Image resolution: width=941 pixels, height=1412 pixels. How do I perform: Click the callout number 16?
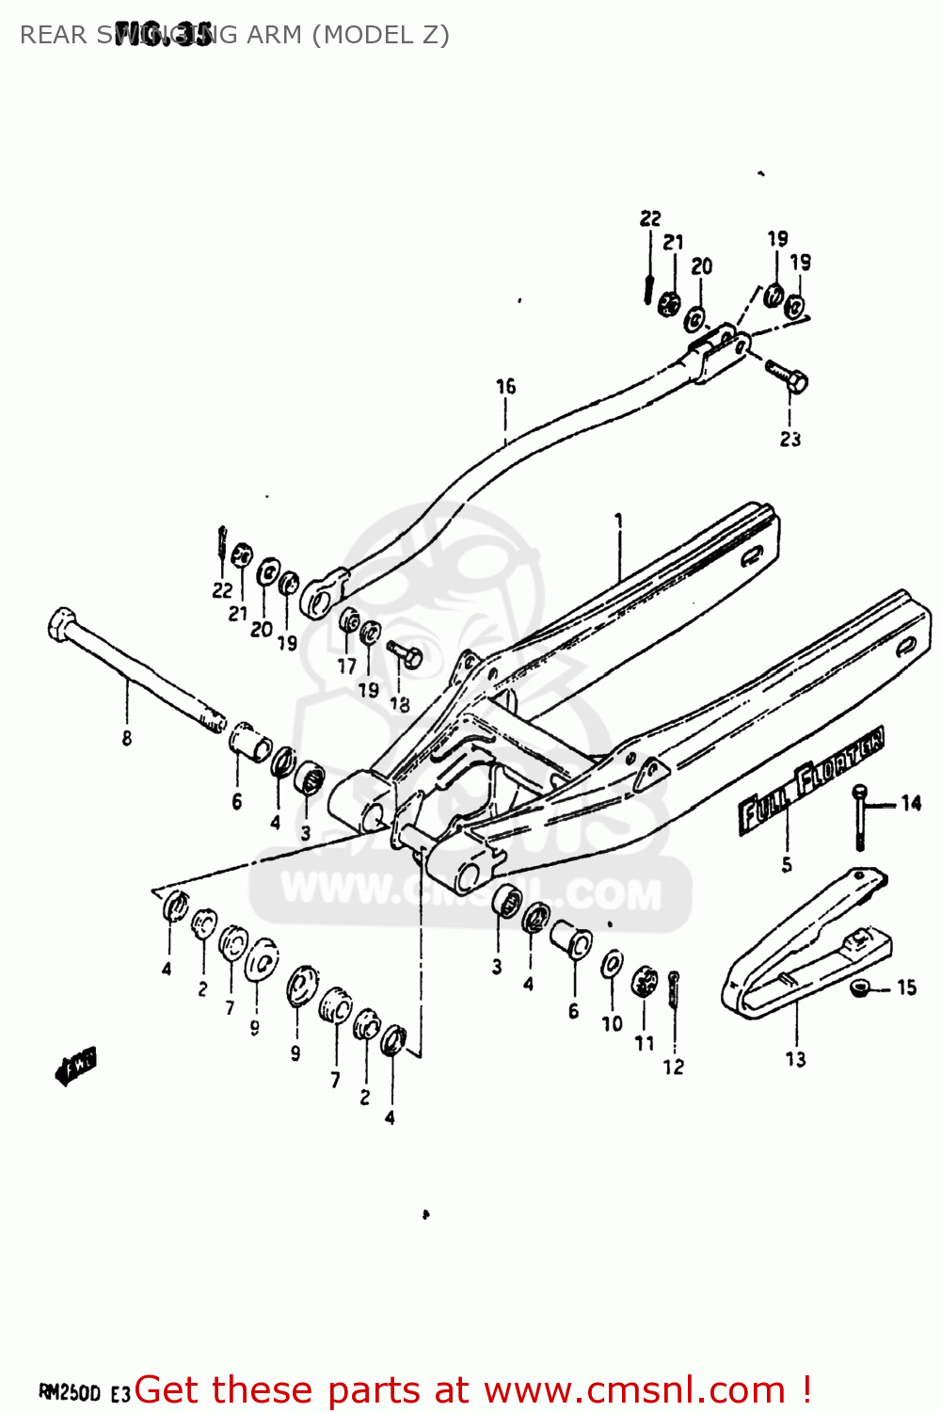(506, 386)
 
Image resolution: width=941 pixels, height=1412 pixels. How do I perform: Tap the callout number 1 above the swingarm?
(619, 520)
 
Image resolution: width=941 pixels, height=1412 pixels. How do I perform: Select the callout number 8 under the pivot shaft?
(127, 738)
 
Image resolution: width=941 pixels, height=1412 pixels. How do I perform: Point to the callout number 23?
(789, 439)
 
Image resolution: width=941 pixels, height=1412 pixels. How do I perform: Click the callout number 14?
(911, 803)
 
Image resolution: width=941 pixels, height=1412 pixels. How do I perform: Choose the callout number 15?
(906, 987)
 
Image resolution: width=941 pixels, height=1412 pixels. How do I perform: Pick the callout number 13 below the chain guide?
(796, 1059)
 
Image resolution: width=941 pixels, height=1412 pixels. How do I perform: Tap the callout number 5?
(787, 864)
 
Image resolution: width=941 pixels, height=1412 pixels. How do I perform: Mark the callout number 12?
(674, 1067)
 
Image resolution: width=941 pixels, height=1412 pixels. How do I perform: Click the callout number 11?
(645, 1043)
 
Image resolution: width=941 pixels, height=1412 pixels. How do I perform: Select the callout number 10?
(612, 1023)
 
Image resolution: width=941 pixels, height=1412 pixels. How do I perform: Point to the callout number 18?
(400, 703)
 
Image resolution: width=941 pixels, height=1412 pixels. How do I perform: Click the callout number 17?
(347, 666)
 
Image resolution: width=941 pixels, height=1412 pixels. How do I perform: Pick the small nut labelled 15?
(858, 987)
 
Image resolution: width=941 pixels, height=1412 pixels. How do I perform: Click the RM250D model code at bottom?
(70, 1391)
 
